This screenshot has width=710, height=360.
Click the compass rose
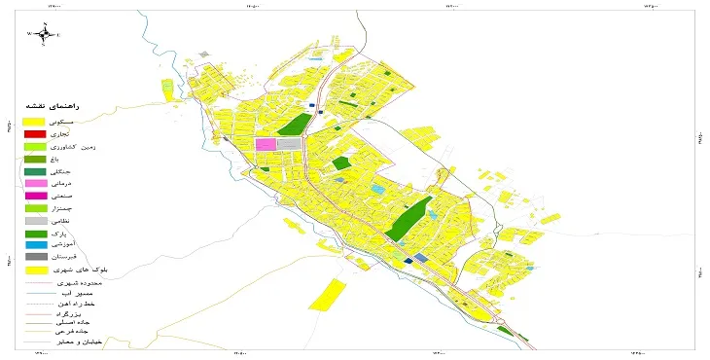[x=44, y=34]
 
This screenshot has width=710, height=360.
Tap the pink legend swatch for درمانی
[x=35, y=183]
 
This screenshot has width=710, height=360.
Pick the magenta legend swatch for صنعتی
[x=35, y=196]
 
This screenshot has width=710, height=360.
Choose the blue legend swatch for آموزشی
[x=35, y=245]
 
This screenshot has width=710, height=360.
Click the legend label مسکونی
[x=73, y=120]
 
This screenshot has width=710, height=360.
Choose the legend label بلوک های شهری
[x=82, y=270]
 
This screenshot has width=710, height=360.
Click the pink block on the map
[x=266, y=145]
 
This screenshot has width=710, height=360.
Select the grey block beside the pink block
[x=290, y=145]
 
